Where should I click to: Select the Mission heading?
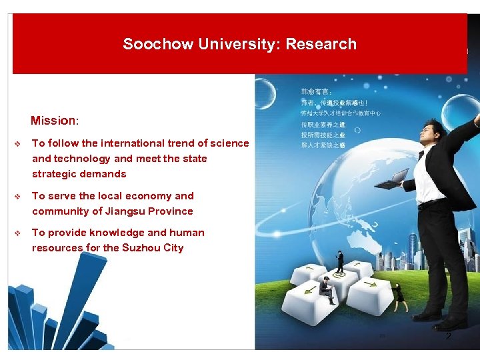(x=54, y=121)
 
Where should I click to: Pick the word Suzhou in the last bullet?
(x=140, y=248)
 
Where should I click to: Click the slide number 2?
(x=448, y=336)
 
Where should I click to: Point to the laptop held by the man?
(x=398, y=177)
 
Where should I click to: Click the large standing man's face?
(x=431, y=133)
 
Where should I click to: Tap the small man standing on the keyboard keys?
(x=339, y=261)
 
